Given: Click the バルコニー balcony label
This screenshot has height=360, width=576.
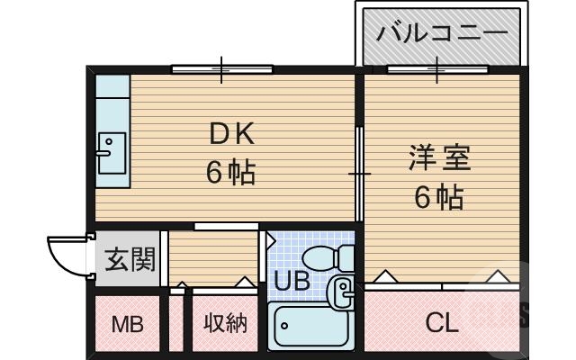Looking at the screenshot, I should pyautogui.click(x=441, y=35).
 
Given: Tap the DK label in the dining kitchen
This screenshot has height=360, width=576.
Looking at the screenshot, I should pyautogui.click(x=232, y=135).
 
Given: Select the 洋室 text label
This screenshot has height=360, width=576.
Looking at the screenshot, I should pyautogui.click(x=439, y=158).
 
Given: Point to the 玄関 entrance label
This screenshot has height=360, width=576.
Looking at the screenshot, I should pyautogui.click(x=130, y=261).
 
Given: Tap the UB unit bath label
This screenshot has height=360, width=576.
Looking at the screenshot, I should pyautogui.click(x=292, y=281).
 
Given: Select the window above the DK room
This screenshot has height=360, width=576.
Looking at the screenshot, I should pyautogui.click(x=222, y=67).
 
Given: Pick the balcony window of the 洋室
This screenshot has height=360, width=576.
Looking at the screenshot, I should pyautogui.click(x=437, y=68).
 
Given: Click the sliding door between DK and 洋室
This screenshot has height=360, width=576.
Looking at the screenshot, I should pyautogui.click(x=360, y=171).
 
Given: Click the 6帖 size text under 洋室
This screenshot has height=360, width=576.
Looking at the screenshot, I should pyautogui.click(x=439, y=195).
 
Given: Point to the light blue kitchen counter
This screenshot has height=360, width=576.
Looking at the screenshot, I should pyautogui.click(x=112, y=130).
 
